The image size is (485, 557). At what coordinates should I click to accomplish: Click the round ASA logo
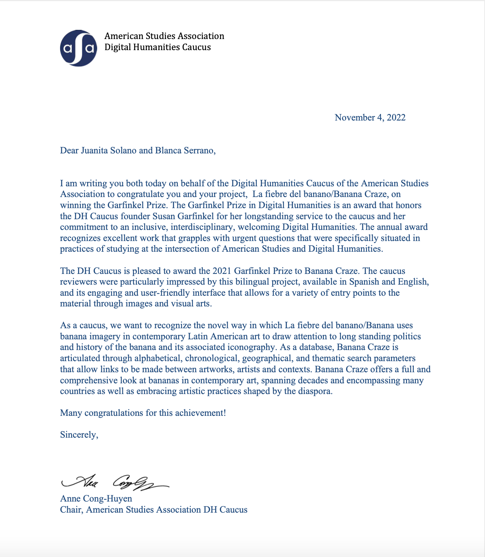pos(78,48)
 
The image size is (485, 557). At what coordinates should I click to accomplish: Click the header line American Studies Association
pos(164,36)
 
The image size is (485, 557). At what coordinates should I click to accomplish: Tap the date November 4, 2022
pos(370,117)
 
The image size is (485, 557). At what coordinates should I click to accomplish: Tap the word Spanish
pos(363,282)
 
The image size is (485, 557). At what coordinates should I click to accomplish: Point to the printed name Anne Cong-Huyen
pos(96,498)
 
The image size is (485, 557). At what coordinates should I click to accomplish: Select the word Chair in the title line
pos(71,510)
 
